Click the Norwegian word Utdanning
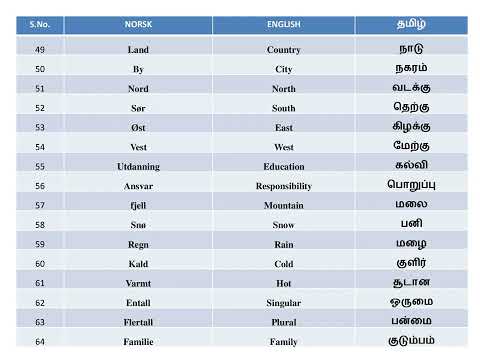(138, 166)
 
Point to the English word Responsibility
(284, 186)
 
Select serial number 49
(39, 49)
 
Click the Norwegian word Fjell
(138, 205)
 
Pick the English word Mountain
(284, 205)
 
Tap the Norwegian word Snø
(138, 225)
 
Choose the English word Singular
(284, 303)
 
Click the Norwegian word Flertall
(138, 322)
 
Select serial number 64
(39, 342)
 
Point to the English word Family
(284, 342)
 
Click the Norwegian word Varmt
(138, 283)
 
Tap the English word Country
(284, 49)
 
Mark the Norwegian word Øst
(138, 127)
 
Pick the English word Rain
(284, 244)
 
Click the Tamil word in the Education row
(411, 165)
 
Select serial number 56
(39, 186)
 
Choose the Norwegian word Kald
(138, 264)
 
